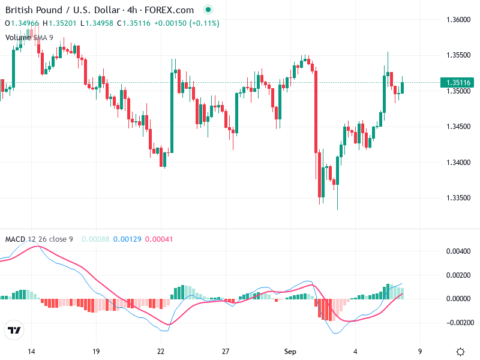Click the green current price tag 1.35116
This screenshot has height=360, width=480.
[x=457, y=83]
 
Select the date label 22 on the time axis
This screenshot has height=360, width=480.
[x=160, y=351]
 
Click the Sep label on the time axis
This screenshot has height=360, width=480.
[x=290, y=351]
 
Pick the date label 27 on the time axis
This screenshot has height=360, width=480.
[x=225, y=351]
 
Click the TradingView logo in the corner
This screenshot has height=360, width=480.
[x=14, y=330]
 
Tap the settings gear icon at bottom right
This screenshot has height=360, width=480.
[x=460, y=352]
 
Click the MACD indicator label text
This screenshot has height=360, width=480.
[x=39, y=239]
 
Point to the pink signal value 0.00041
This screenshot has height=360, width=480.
[x=159, y=239]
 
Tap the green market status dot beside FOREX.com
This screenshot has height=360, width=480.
[x=208, y=10]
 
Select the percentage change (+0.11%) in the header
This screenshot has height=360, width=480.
[x=204, y=23]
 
